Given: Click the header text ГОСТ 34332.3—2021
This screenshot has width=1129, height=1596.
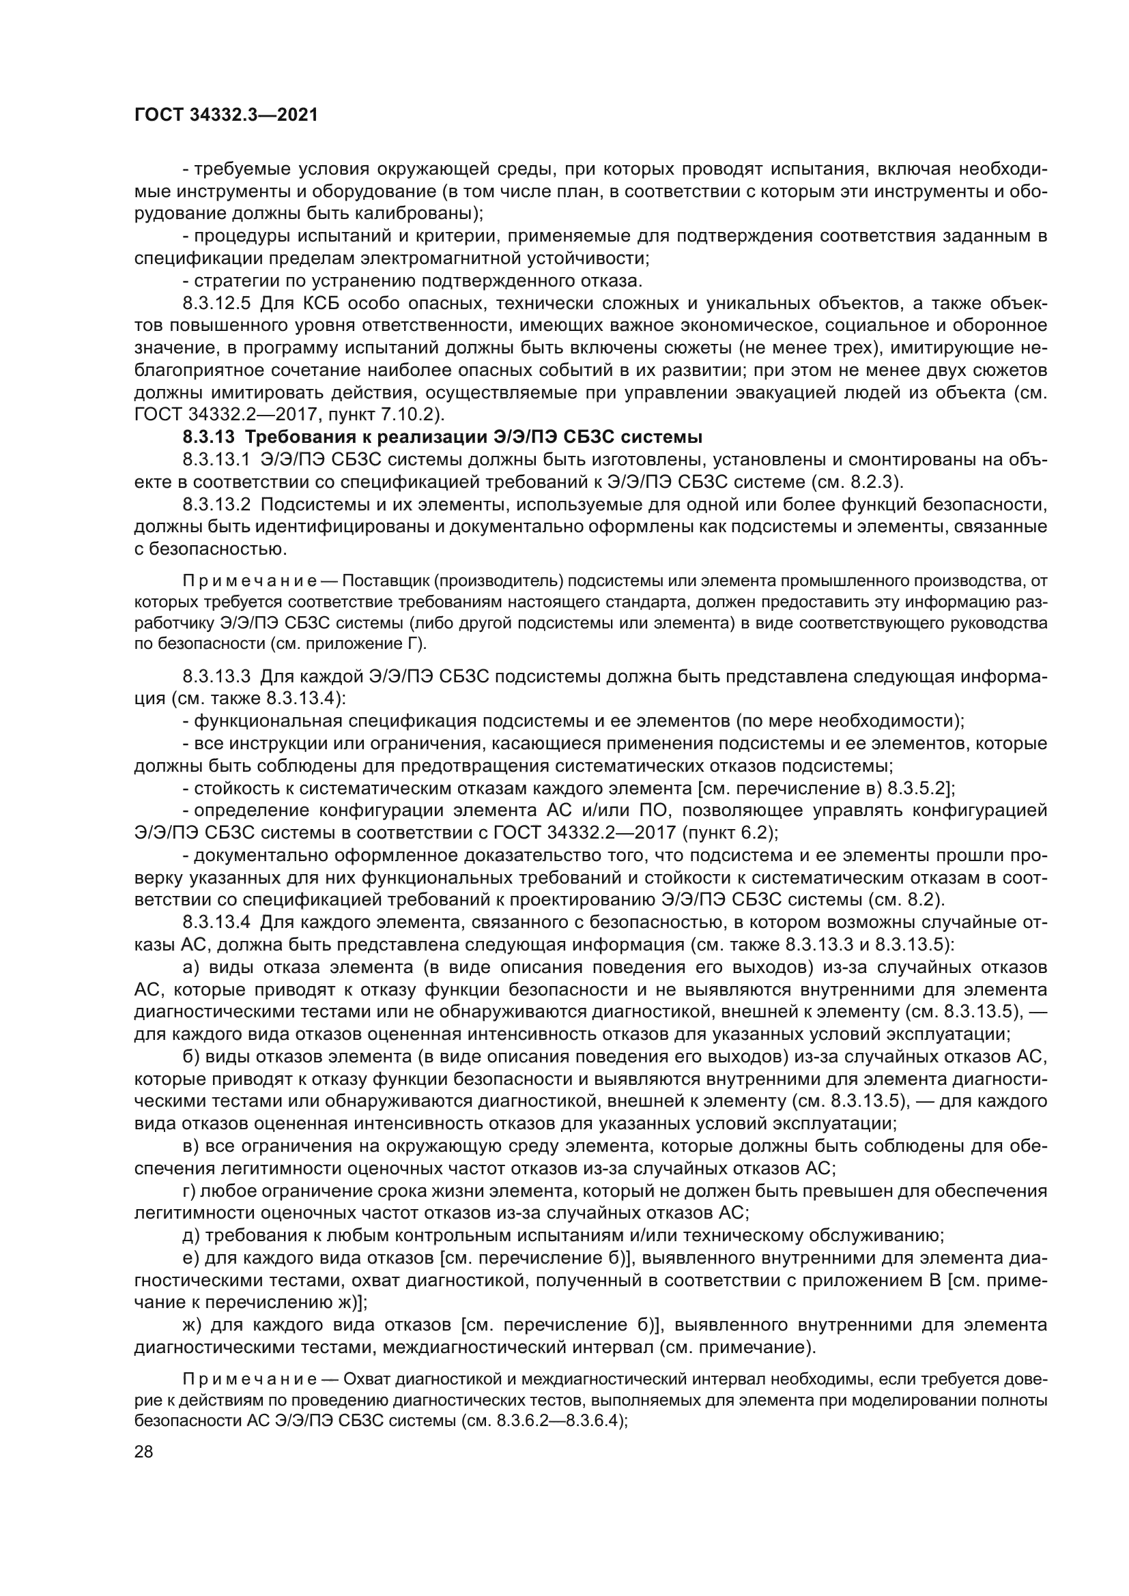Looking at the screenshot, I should coord(226,115).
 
